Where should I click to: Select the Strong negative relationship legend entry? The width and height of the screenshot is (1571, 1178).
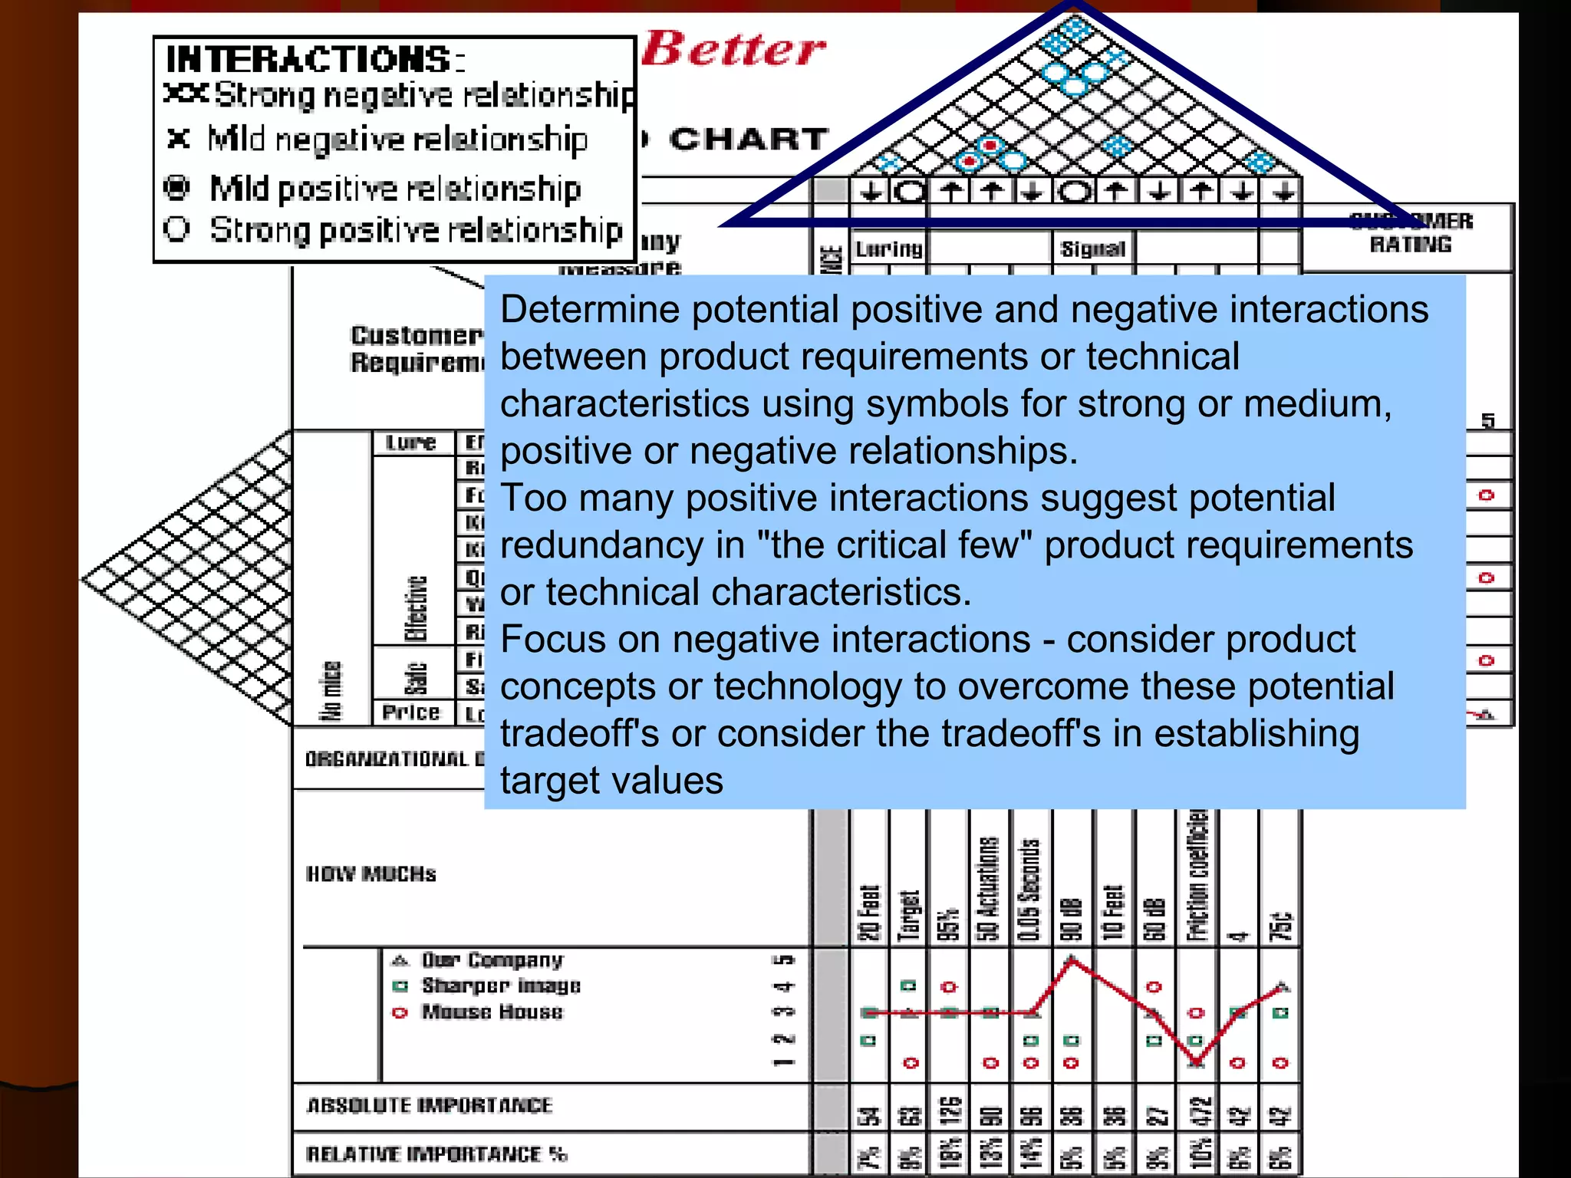tap(399, 95)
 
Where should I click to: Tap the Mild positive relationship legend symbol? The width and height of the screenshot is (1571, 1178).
tap(177, 187)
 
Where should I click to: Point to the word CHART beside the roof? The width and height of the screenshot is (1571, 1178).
tap(748, 139)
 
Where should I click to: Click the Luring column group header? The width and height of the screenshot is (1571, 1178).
tap(888, 248)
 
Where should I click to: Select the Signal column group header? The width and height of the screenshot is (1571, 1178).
tap(1092, 248)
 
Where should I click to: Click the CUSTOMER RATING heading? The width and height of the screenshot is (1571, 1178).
tap(1410, 232)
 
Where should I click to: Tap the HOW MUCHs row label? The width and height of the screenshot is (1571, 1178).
tap(371, 874)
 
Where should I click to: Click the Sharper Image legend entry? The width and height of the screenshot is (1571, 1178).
tap(500, 986)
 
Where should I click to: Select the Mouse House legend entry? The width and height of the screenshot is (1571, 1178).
tap(492, 1012)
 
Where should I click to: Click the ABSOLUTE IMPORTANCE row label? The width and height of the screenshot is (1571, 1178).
tap(429, 1105)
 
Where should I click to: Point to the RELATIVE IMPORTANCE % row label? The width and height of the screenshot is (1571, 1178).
tap(436, 1154)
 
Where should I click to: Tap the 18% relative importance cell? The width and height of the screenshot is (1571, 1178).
tap(949, 1154)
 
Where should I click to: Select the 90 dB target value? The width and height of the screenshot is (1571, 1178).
tap(1072, 919)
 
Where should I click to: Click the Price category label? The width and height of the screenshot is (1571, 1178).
tap(411, 712)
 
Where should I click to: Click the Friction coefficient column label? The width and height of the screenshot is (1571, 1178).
tap(1197, 874)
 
